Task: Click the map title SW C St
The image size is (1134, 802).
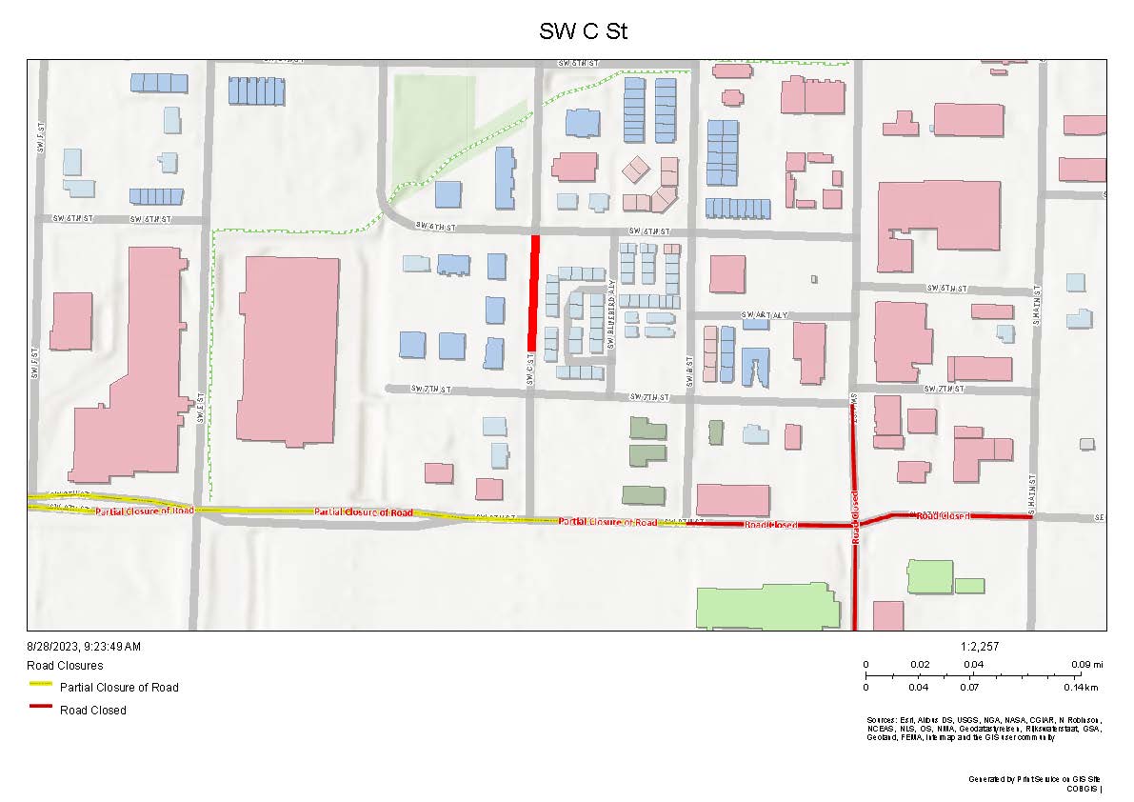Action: (583, 31)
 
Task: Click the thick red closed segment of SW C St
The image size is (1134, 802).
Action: (535, 292)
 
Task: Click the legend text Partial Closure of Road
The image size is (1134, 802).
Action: (119, 688)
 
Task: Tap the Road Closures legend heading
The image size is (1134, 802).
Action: (66, 666)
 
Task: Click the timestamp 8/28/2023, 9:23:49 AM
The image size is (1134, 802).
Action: (85, 647)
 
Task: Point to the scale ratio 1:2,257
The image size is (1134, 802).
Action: (981, 647)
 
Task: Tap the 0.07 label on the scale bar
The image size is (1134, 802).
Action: (969, 687)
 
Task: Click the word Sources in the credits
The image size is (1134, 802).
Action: (881, 719)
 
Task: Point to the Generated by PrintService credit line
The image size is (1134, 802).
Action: (1034, 779)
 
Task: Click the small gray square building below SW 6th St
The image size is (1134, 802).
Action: (814, 279)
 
